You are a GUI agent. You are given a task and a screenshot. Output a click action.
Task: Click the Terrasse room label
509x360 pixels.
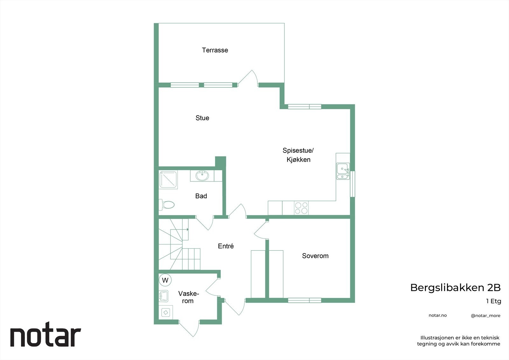coord(215,50)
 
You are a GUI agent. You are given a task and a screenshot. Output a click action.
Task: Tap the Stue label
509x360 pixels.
coord(202,118)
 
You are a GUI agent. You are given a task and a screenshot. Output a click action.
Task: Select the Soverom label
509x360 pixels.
coord(315,256)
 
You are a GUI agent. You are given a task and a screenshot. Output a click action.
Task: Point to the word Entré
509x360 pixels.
coord(226,246)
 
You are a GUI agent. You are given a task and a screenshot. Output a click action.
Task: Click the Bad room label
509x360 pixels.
coord(201,196)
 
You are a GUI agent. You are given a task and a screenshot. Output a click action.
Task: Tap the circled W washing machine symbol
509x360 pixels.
coord(165,280)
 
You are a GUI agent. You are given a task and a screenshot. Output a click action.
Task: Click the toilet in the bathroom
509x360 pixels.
coord(167,204)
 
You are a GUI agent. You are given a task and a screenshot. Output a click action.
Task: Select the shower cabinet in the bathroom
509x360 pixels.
coord(168,180)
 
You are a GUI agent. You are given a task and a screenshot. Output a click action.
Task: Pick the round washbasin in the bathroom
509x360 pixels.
coord(202,176)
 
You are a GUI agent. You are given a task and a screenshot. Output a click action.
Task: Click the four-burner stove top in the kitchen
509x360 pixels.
coord(301,208)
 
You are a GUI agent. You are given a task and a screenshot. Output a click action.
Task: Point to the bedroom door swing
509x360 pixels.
coord(261,229)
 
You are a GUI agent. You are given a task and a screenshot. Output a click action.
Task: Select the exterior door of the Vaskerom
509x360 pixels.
coord(189,328)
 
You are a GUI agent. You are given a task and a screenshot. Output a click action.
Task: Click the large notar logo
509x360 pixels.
coord(45,336)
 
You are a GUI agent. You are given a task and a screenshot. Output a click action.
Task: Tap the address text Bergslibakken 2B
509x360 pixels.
coord(455,288)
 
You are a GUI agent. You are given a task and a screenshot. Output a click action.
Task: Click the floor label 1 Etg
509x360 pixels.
coord(493,301)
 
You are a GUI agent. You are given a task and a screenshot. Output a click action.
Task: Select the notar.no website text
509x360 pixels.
coord(437,315)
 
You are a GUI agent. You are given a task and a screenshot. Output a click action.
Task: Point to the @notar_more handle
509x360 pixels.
coord(485,316)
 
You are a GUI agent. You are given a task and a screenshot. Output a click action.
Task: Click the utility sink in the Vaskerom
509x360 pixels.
coord(164,296)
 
